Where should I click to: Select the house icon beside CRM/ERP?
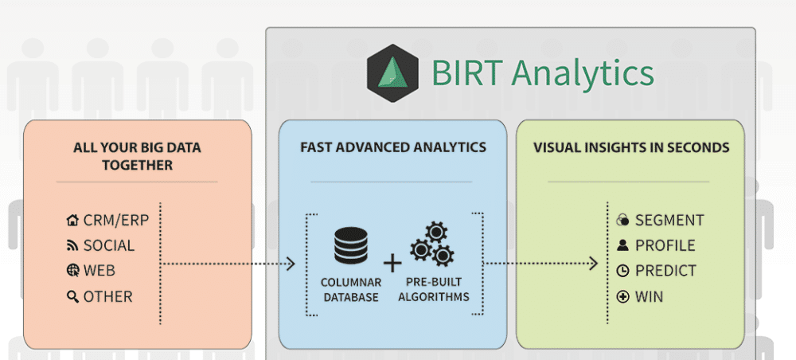pos(73,221)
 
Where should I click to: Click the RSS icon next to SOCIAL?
pos(73,246)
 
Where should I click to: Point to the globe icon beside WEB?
pos(73,271)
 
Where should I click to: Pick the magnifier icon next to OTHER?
pos(73,297)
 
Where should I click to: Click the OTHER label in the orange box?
pos(108,297)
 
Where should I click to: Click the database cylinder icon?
pos(351,247)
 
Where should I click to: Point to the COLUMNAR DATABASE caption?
pos(351,290)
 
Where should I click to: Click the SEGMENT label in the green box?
pos(669,221)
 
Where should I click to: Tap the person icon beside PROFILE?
pos(623,246)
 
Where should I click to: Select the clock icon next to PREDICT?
pos(623,272)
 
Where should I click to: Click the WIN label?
pos(650,297)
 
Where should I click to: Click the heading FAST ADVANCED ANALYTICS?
pos(393,148)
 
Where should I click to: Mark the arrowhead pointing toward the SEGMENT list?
pos(593,263)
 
